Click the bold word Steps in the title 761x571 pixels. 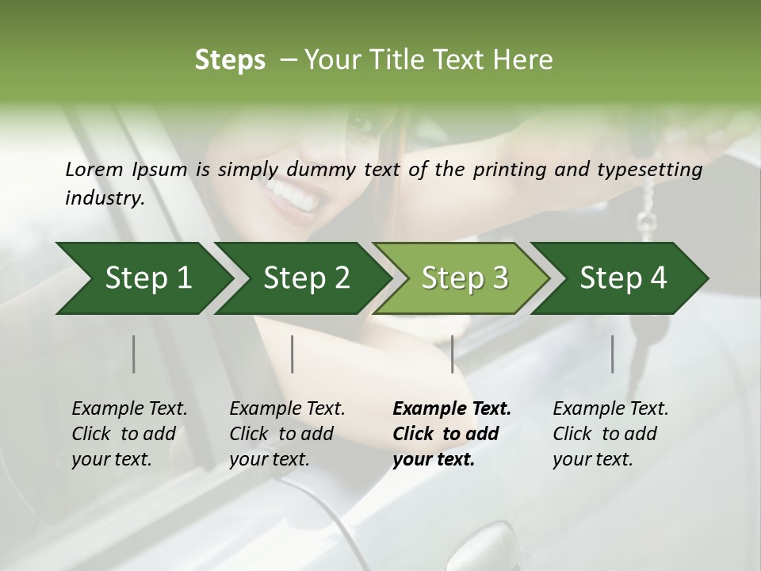(x=230, y=60)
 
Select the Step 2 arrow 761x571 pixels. (x=305, y=278)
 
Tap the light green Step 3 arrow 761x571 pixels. (x=464, y=278)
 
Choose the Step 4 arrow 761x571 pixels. (x=622, y=278)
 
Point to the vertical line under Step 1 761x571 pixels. (x=134, y=354)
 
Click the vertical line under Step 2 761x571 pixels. (x=293, y=354)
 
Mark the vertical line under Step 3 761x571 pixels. (x=452, y=354)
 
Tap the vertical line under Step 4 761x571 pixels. (x=613, y=354)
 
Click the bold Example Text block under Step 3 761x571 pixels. (x=452, y=434)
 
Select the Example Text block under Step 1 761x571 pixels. (x=129, y=434)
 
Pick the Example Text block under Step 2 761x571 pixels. (x=287, y=434)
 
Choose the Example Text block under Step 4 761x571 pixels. (x=610, y=434)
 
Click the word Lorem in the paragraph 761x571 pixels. (x=94, y=170)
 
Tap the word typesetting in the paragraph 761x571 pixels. (x=652, y=170)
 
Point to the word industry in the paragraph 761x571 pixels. (x=104, y=197)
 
